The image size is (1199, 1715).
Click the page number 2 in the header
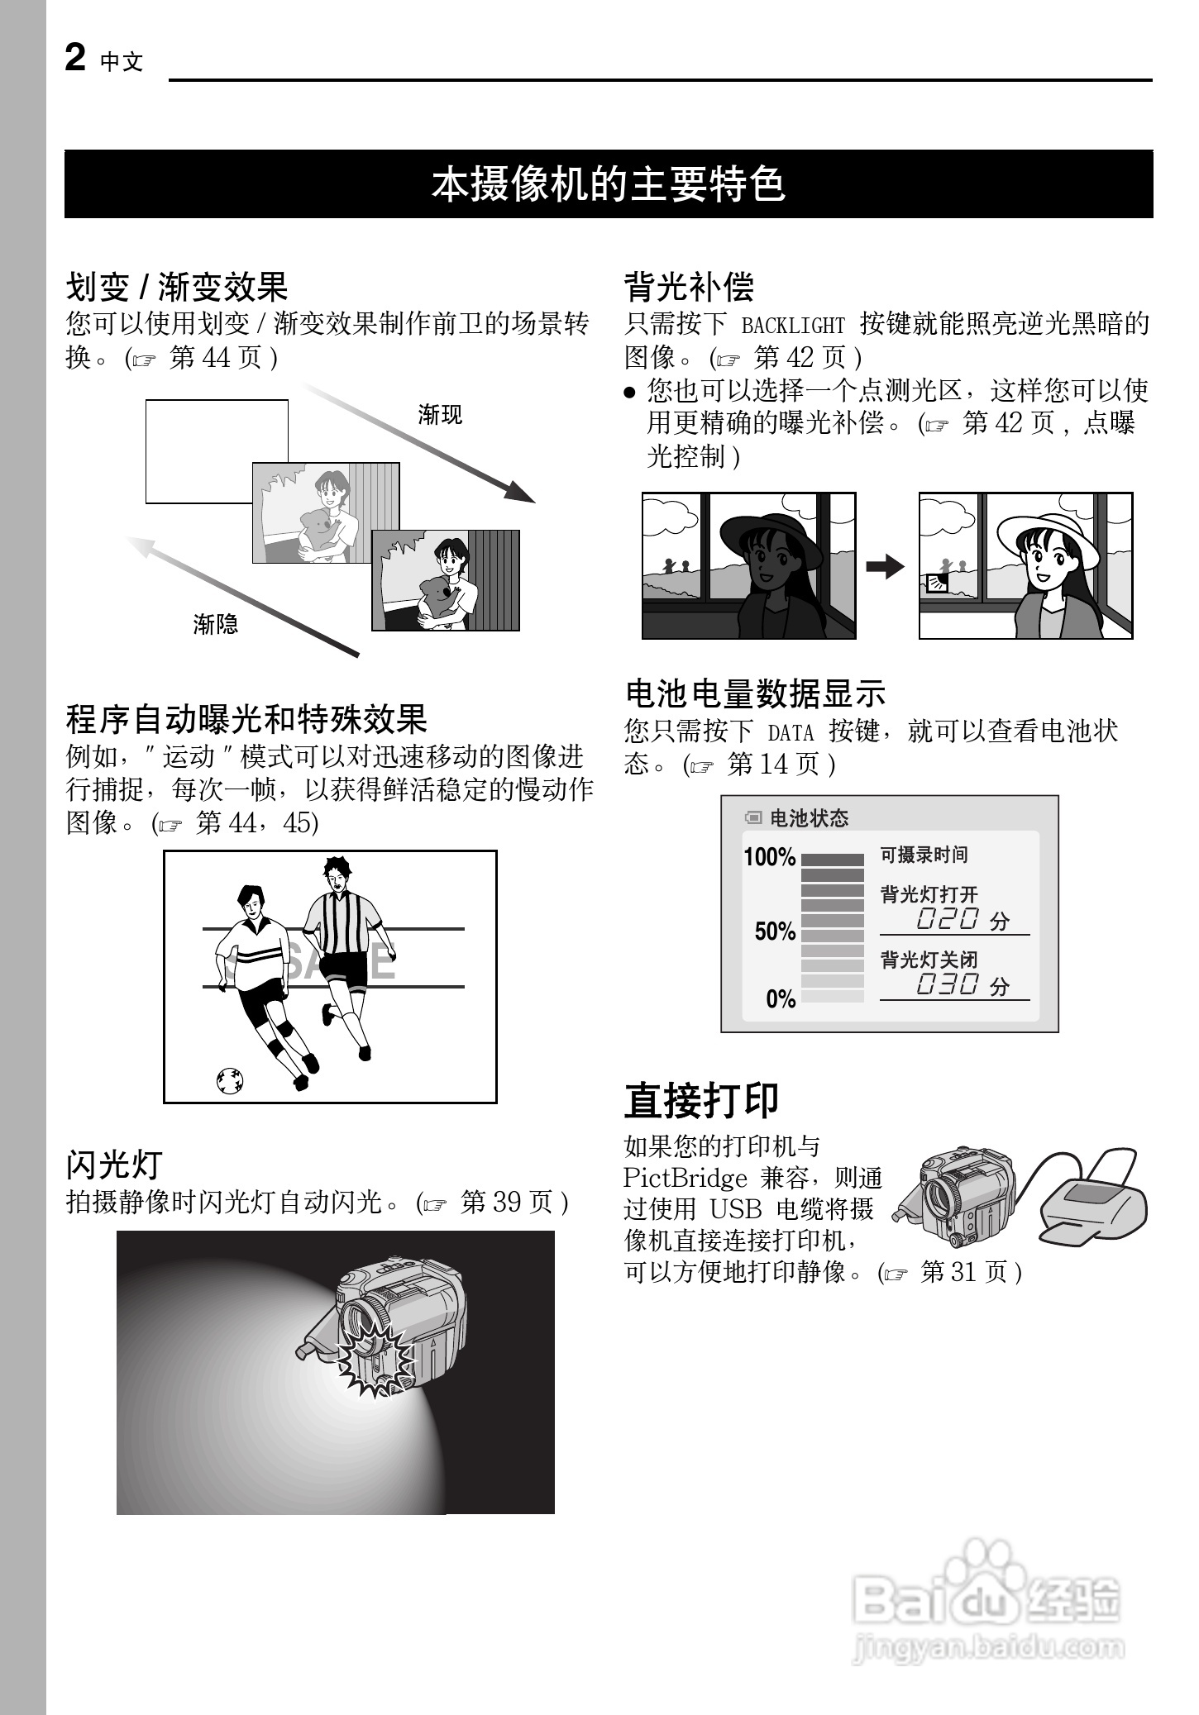tap(75, 59)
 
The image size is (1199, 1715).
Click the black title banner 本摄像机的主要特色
tap(609, 184)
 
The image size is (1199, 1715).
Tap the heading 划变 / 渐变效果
tap(177, 287)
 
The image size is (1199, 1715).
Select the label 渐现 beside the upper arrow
tap(440, 415)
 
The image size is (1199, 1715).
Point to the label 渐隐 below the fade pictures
tap(215, 624)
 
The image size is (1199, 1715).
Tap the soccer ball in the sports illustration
tap(229, 1080)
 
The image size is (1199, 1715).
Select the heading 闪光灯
tap(113, 1165)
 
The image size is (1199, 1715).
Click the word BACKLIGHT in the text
tap(792, 326)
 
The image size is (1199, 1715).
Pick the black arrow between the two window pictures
tap(886, 567)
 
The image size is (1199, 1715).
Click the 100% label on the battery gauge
tap(769, 857)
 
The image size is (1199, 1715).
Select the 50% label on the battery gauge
tap(774, 931)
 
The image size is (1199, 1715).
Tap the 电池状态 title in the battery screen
tap(809, 818)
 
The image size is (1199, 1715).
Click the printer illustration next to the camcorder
tap(1092, 1198)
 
